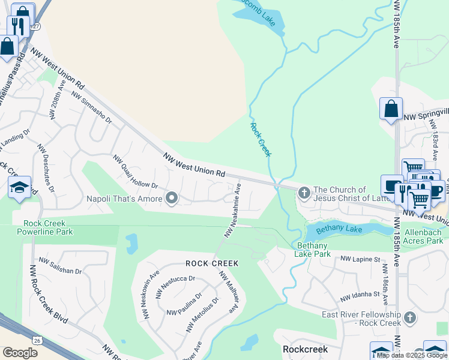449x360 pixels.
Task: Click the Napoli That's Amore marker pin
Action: pyautogui.click(x=172, y=198)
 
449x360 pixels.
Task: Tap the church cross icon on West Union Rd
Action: pyautogui.click(x=304, y=193)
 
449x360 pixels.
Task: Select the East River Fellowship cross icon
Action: pyautogui.click(x=410, y=317)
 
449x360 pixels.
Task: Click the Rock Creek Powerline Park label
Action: pyautogui.click(x=41, y=227)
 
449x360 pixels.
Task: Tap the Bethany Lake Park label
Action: pyautogui.click(x=313, y=250)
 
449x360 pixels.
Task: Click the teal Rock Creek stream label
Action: pyautogui.click(x=261, y=139)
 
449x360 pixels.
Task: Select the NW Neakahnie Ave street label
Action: pyautogui.click(x=232, y=209)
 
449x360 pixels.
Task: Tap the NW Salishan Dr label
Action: pyautogui.click(x=60, y=266)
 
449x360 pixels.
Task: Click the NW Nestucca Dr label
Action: pyautogui.click(x=176, y=278)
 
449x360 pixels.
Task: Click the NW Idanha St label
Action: pyautogui.click(x=360, y=295)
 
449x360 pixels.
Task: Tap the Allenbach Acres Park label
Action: pyautogui.click(x=424, y=236)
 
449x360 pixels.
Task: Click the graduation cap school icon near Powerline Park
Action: pyautogui.click(x=19, y=187)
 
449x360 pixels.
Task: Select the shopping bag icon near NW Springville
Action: pyautogui.click(x=391, y=109)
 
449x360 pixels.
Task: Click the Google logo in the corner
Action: pyautogui.click(x=20, y=353)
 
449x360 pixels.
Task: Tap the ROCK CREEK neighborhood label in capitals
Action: pyautogui.click(x=212, y=263)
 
